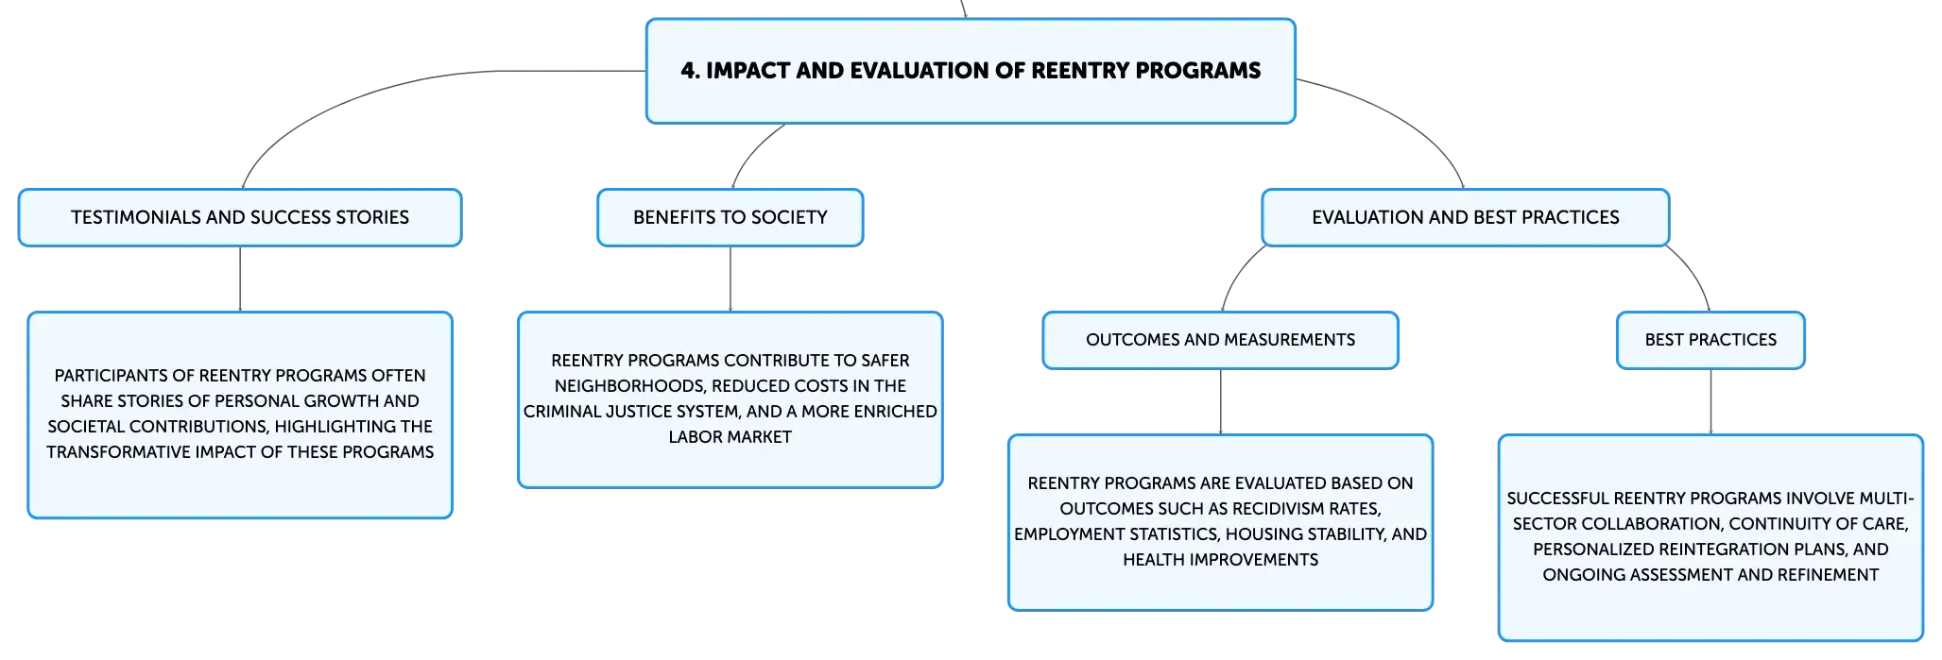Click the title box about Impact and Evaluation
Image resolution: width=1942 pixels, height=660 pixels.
coord(971,71)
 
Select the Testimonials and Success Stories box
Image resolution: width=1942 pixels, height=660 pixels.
coord(240,217)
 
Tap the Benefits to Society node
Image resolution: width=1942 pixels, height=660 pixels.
coord(730,217)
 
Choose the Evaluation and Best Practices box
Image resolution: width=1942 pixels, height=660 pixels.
coord(1466,217)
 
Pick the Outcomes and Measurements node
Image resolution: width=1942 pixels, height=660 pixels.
coord(1221,340)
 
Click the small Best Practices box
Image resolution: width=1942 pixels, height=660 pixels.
coord(1711,340)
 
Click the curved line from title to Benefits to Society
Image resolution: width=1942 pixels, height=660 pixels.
coord(752,151)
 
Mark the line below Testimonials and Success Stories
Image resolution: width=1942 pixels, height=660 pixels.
coord(240,279)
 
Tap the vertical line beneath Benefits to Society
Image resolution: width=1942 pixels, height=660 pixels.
coord(730,279)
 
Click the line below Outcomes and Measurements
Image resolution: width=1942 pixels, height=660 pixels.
coord(1221,402)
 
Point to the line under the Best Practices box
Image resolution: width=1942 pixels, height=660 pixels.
coord(1711,402)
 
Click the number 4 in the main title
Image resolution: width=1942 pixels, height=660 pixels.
coord(689,71)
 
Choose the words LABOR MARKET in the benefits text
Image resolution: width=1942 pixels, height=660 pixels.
coord(730,437)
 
